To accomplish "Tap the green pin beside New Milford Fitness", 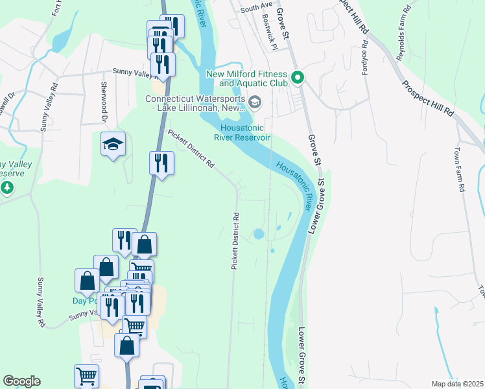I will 298,78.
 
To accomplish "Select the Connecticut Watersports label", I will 193,104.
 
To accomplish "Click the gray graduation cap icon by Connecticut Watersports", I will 255,102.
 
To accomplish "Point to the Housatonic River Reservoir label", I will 242,132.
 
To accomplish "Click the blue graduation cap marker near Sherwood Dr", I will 113,145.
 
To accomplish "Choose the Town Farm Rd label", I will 462,176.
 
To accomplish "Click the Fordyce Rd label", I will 366,58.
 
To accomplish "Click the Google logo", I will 21,381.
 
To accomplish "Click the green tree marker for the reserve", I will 7,187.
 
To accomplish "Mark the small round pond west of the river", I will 259,233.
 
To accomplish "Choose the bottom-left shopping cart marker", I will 86,375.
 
